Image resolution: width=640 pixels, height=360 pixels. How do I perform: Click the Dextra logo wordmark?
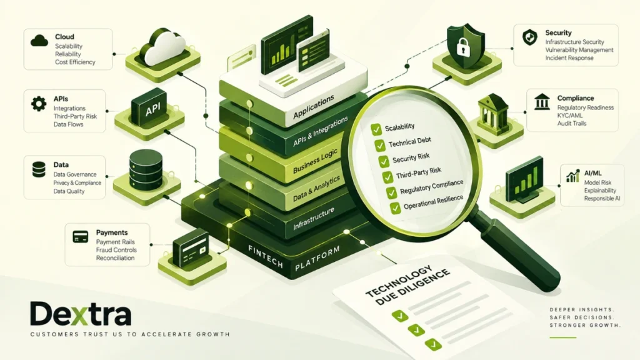(81, 314)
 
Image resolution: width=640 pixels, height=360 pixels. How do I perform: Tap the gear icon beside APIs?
(39, 104)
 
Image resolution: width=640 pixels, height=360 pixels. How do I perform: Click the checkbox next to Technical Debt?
(379, 145)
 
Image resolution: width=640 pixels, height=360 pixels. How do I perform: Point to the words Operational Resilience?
(434, 202)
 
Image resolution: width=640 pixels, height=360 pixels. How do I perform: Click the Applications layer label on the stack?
(314, 107)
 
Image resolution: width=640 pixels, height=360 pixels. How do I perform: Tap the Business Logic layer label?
(315, 161)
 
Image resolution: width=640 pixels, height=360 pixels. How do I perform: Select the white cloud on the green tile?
(162, 47)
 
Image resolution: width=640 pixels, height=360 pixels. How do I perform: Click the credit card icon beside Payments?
(81, 237)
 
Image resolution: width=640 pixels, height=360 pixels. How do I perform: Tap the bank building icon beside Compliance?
(542, 102)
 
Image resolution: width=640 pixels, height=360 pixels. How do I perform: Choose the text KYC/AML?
(570, 116)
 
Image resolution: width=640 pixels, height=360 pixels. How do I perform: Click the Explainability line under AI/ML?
(600, 191)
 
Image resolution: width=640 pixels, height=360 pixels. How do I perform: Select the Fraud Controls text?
(116, 250)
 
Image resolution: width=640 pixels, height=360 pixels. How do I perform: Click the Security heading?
(558, 32)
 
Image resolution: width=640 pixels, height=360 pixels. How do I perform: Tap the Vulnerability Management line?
(579, 50)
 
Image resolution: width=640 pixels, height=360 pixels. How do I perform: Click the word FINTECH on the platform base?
(266, 256)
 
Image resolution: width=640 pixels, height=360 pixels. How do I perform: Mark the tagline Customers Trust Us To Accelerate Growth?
(130, 334)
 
